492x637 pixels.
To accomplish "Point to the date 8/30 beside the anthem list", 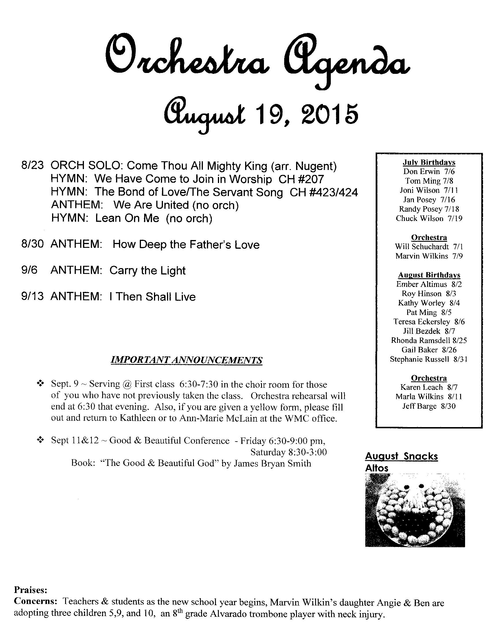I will [x=32, y=244].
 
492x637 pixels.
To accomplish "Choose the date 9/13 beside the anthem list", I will [x=32, y=296].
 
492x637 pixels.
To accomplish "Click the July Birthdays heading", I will [x=429, y=162].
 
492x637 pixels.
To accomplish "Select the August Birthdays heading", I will [x=429, y=275].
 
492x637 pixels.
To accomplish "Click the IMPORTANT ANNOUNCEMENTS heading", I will [x=187, y=360].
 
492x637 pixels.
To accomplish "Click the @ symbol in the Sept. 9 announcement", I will [x=127, y=384].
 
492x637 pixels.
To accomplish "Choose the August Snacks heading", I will [x=401, y=456].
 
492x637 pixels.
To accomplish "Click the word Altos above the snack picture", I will [x=377, y=468].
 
